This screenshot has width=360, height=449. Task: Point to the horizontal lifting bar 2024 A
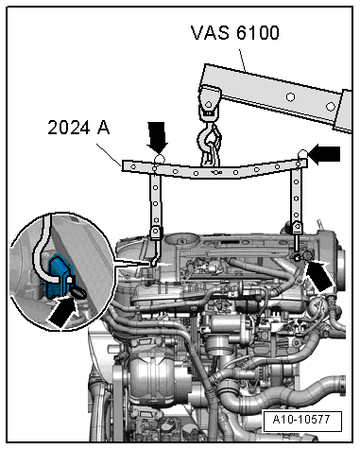tap(217, 170)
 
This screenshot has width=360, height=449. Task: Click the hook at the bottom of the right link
tap(297, 250)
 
